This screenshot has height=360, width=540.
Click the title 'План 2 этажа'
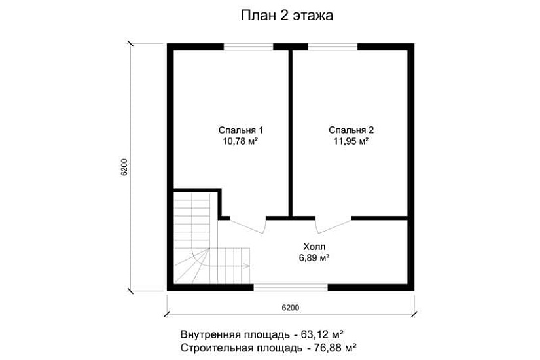[x=287, y=15]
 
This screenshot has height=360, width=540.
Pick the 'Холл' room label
[x=312, y=247]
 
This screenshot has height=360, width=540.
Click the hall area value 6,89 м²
[x=312, y=258]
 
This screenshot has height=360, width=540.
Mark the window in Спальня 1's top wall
[x=248, y=46]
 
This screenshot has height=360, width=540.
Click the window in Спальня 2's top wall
[x=333, y=46]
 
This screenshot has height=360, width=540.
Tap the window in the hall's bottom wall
[x=291, y=287]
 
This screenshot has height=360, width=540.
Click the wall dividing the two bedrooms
[x=289, y=131]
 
